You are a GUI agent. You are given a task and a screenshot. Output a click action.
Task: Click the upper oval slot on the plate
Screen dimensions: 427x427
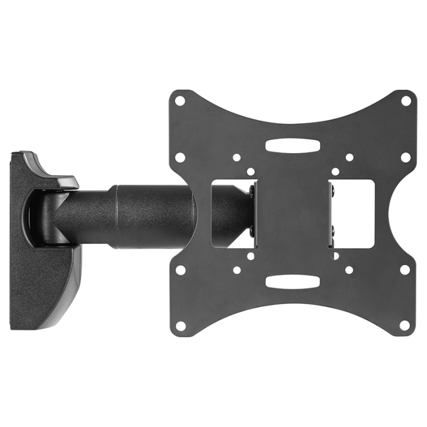click(x=292, y=146)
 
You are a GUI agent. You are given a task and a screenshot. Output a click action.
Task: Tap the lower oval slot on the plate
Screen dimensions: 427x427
click(x=292, y=281)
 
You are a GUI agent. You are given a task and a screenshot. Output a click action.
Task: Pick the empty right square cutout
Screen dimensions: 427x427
click(x=354, y=213)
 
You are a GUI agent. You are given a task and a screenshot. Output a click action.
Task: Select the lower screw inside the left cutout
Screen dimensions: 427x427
click(x=252, y=231)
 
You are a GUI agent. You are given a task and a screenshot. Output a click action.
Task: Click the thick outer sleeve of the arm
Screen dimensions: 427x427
click(x=152, y=215)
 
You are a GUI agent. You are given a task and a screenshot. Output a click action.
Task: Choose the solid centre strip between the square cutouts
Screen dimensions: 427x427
click(x=292, y=213)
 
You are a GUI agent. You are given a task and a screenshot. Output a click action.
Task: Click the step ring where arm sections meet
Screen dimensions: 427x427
click(x=114, y=215)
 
